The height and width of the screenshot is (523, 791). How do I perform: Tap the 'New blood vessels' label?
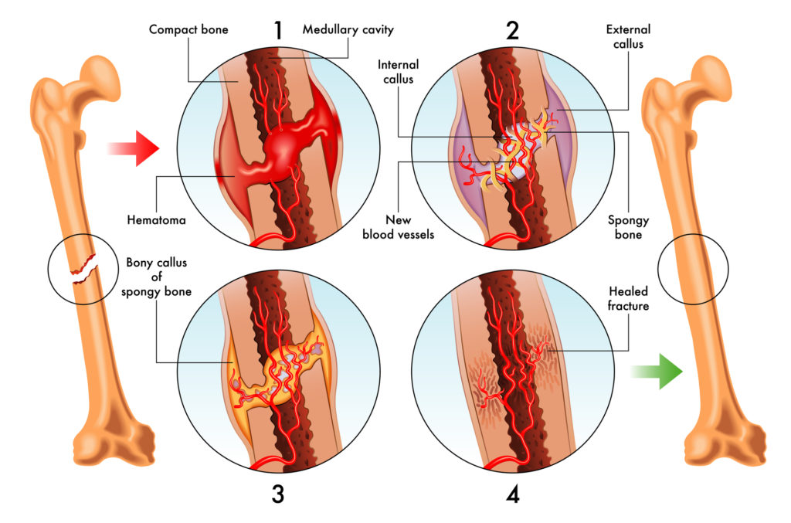[399, 227]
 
